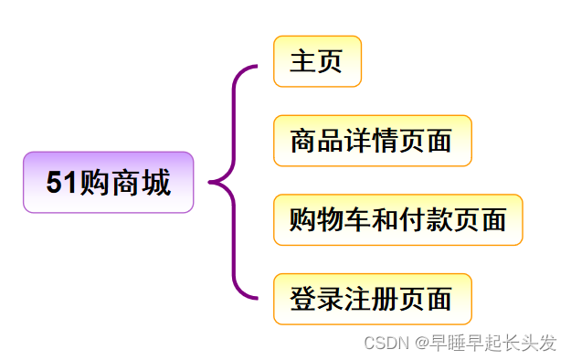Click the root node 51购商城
tap(108, 183)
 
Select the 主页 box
tap(317, 62)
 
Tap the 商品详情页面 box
tap(372, 141)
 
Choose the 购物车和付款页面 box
tap(397, 220)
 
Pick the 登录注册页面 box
tap(372, 299)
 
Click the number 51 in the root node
tap(61, 183)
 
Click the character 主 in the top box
tap(303, 62)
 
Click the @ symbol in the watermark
tap(422, 343)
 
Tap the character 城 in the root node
tap(155, 183)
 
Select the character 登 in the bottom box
tap(303, 299)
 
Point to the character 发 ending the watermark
tap(547, 343)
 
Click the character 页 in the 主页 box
tap(330, 62)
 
